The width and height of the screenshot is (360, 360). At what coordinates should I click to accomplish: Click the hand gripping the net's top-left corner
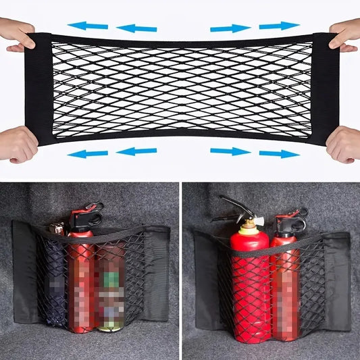point(16,35)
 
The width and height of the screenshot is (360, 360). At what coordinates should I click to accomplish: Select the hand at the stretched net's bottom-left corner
point(17,143)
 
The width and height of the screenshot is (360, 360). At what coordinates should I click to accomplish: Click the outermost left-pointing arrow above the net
point(88,26)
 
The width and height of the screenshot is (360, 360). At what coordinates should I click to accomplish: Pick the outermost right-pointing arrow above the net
point(279,26)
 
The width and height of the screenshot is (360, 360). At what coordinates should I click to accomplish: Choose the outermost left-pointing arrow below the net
point(88,153)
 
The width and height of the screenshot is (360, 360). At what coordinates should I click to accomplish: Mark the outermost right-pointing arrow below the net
point(279,153)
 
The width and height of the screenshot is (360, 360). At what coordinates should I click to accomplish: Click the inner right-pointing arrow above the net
point(230,28)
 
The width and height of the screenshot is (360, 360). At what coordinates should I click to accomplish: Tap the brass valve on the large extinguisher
point(249,223)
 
